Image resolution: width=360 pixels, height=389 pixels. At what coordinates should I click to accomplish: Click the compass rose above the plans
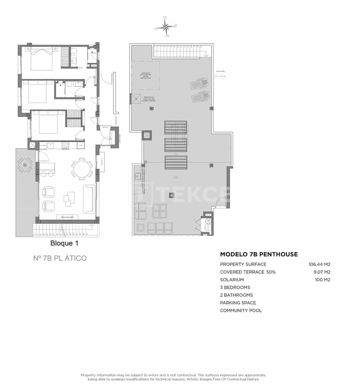pos(166,27)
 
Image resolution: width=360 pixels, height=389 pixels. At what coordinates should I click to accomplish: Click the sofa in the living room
pos(89,199)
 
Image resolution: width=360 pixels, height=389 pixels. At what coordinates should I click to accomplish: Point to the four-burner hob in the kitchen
pos(66,146)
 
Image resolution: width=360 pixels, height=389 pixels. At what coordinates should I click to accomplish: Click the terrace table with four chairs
pos(25,165)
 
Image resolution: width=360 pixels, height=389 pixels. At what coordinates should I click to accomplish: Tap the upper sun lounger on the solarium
pos(199,84)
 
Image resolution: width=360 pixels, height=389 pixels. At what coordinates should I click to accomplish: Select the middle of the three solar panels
pos(175,145)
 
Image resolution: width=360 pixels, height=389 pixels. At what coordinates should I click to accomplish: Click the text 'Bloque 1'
pos(64,243)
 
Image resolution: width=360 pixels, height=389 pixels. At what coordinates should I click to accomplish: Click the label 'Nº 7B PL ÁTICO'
pos(60,258)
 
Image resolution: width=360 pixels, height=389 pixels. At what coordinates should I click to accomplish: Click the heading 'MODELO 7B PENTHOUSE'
pos(259,254)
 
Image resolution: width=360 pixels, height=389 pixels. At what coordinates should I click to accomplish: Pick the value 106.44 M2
pos(319,264)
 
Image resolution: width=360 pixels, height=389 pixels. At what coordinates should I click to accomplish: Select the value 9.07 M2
pos(322,272)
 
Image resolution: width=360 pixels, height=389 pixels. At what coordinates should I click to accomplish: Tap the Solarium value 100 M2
pos(322,280)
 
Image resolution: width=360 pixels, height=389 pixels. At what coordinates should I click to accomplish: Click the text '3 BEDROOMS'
pos(235,288)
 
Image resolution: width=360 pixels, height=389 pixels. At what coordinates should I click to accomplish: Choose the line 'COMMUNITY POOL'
pos(241,311)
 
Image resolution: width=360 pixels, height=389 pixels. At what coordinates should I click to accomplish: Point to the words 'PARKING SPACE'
pos(238,303)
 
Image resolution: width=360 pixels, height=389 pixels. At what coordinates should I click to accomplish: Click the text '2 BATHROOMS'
pos(236,295)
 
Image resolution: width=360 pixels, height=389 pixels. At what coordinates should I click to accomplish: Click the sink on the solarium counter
pos(138,177)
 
